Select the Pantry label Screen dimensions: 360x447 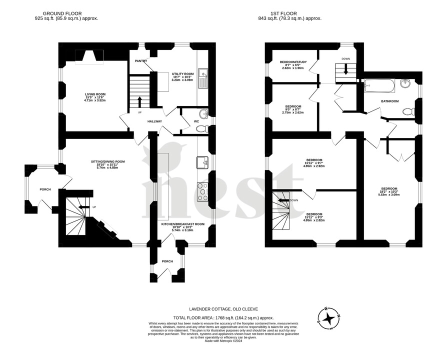click(x=140, y=61)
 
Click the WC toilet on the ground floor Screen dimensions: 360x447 click(x=202, y=128)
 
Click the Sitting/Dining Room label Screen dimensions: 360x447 click(x=107, y=161)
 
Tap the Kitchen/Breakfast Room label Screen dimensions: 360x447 click(x=183, y=224)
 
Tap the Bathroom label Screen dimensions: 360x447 click(x=390, y=101)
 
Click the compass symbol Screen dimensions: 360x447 click(x=328, y=318)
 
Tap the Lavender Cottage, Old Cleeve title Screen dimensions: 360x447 click(x=223, y=309)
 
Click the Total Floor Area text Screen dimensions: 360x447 click(x=223, y=317)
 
